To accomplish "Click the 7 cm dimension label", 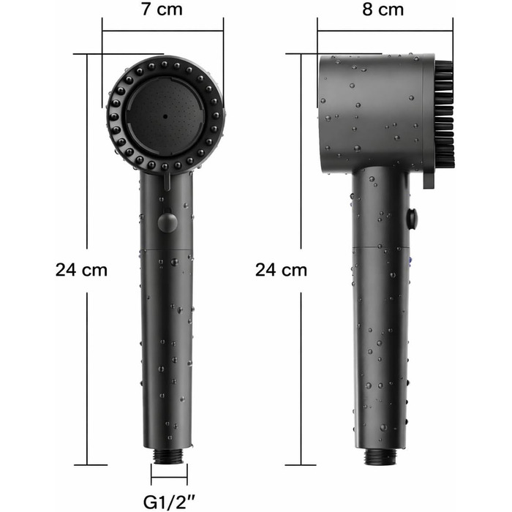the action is point(162,10).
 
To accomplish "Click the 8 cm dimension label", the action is point(383,10).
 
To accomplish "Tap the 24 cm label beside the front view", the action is point(81,271).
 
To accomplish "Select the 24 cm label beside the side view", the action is point(281,271).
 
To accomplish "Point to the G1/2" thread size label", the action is point(169,502).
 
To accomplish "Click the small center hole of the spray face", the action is point(165,116).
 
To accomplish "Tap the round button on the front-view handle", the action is point(167,222).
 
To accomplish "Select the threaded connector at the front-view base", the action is point(168,456).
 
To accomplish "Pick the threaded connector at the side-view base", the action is point(381,456).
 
